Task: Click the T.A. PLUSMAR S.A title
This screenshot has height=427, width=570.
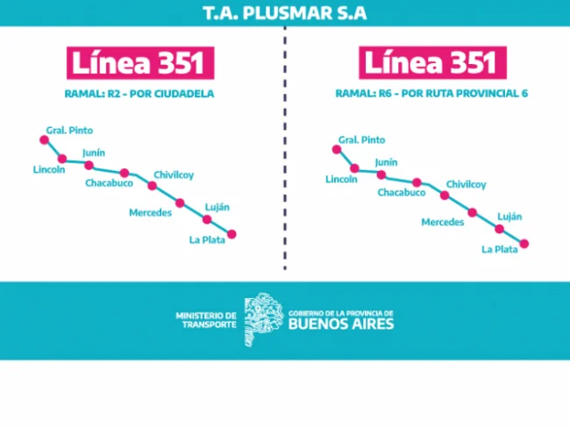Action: tap(285, 13)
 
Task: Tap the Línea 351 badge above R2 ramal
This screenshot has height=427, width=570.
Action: tap(140, 63)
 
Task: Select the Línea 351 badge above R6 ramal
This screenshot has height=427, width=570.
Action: tap(432, 62)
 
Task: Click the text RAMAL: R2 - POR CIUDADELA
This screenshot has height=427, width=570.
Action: tap(139, 94)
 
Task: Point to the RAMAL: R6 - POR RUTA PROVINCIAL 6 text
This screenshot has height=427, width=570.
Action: tap(431, 94)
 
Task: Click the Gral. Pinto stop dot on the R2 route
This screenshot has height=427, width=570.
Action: tap(45, 140)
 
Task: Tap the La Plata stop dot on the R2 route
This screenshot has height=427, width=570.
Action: tap(232, 234)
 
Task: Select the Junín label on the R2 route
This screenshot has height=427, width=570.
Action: tap(94, 153)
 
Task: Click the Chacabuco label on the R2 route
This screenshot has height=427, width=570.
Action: tap(109, 182)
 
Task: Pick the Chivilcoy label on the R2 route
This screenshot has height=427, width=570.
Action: tap(174, 175)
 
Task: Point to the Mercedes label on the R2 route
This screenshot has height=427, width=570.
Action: tap(150, 212)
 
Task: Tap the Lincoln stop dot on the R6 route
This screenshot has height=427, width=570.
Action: tap(354, 168)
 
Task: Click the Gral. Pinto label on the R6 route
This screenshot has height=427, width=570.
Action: tap(361, 140)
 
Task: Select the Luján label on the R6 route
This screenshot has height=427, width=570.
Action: tap(509, 217)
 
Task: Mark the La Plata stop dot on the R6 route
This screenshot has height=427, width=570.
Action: tap(524, 244)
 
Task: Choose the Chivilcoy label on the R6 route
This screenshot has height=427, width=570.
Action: tap(466, 185)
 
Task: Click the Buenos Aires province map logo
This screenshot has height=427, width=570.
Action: tap(264, 319)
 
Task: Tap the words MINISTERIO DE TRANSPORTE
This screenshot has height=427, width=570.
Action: tap(206, 320)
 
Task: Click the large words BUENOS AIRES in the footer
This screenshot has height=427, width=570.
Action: tap(341, 324)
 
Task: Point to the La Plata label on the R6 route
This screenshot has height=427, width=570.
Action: tap(500, 249)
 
